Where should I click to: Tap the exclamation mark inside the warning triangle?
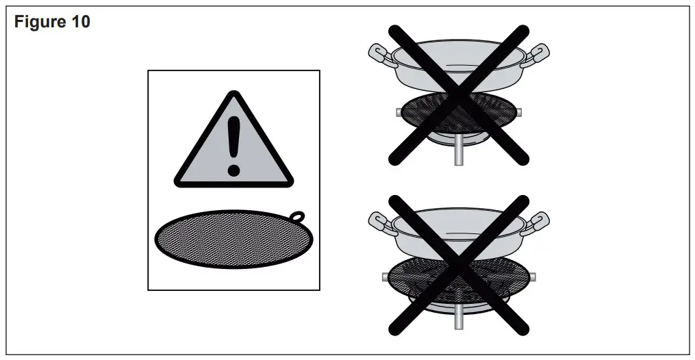pos(234,144)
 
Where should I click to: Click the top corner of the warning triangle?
pos(234,94)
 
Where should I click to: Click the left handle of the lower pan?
pos(381,220)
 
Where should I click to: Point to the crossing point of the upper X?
pos(459,95)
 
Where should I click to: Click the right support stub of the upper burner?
pos(518,112)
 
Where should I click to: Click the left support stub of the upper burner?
pos(398,112)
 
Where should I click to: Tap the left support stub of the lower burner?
pos(385,276)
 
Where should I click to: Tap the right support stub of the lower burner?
pos(533,276)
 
